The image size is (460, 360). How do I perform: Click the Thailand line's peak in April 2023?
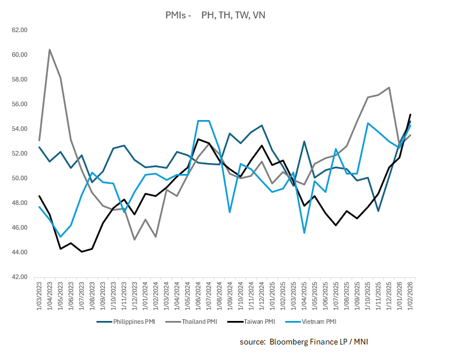pyautogui.click(x=49, y=49)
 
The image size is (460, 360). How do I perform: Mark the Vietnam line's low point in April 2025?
pyautogui.click(x=304, y=233)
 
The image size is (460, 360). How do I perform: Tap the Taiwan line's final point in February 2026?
pyautogui.click(x=410, y=114)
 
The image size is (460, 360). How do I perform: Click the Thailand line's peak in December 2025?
pyautogui.click(x=389, y=87)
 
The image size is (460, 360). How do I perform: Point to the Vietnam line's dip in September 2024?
pyautogui.click(x=230, y=212)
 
